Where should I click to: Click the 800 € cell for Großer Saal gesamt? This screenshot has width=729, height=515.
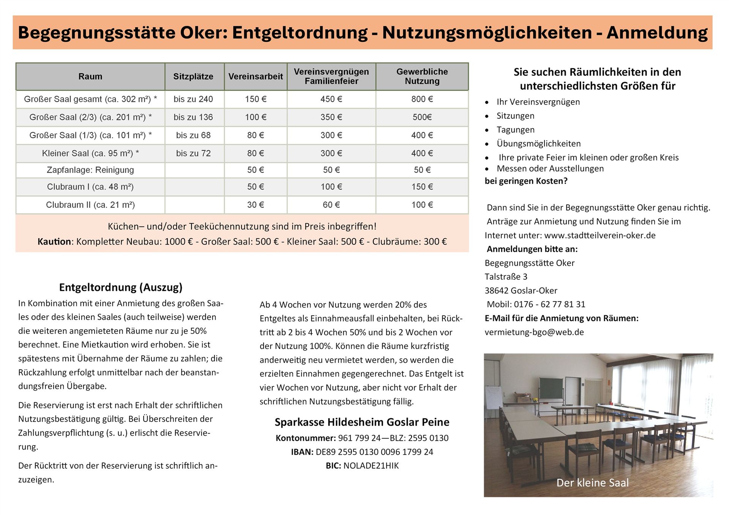click(x=422, y=99)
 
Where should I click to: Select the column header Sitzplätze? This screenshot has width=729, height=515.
click(x=193, y=76)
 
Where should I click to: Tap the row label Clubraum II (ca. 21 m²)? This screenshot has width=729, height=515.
click(x=90, y=205)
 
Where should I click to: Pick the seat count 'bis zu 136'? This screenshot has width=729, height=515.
click(x=193, y=117)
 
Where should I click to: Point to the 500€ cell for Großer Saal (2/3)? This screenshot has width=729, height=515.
click(x=422, y=117)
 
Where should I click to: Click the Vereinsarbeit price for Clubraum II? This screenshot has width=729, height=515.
click(x=256, y=205)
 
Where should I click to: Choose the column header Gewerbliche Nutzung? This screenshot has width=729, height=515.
click(x=422, y=76)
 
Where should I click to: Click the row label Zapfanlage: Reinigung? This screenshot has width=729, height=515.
click(x=90, y=170)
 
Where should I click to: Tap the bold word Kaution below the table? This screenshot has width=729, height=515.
click(x=54, y=242)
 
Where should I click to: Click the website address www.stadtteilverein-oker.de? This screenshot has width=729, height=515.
click(x=600, y=235)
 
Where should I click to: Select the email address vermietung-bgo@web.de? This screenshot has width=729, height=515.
click(x=534, y=332)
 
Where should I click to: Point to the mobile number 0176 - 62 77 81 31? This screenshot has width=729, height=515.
click(x=549, y=304)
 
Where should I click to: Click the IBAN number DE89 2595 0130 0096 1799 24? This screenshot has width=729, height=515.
click(x=374, y=452)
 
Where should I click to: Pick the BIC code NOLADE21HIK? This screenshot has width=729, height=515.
click(x=371, y=466)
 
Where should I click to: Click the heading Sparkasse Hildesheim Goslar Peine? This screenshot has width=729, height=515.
click(x=362, y=422)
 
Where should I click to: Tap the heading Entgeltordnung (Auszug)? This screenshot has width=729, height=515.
click(x=121, y=287)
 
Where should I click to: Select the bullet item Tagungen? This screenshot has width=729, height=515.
click(x=515, y=130)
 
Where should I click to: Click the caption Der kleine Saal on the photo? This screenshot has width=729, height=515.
click(x=592, y=483)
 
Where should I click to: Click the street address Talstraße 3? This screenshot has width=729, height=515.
click(x=506, y=276)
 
